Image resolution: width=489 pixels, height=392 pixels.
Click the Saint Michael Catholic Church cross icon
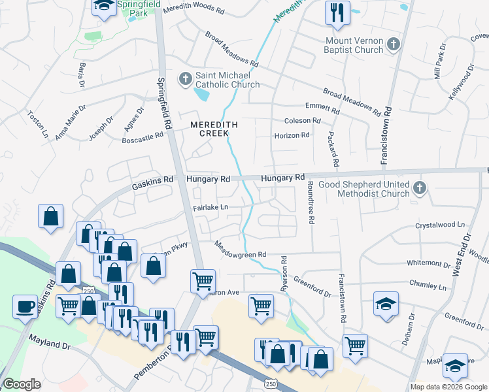tap(185, 79)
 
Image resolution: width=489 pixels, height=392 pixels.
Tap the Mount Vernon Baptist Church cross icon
tap(393, 45)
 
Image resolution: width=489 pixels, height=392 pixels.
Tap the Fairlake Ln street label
tap(210, 207)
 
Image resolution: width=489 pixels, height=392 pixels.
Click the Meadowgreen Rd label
tap(241, 249)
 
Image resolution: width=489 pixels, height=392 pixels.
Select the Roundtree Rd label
tap(311, 203)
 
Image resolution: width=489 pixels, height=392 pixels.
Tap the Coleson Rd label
tap(302, 121)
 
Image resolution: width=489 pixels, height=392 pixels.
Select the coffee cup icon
tap(25, 305)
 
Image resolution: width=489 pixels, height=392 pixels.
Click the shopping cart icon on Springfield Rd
tap(203, 280)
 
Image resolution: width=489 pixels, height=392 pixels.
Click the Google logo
tap(22, 385)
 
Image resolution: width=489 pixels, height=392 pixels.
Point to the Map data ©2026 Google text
tap(448, 387)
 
